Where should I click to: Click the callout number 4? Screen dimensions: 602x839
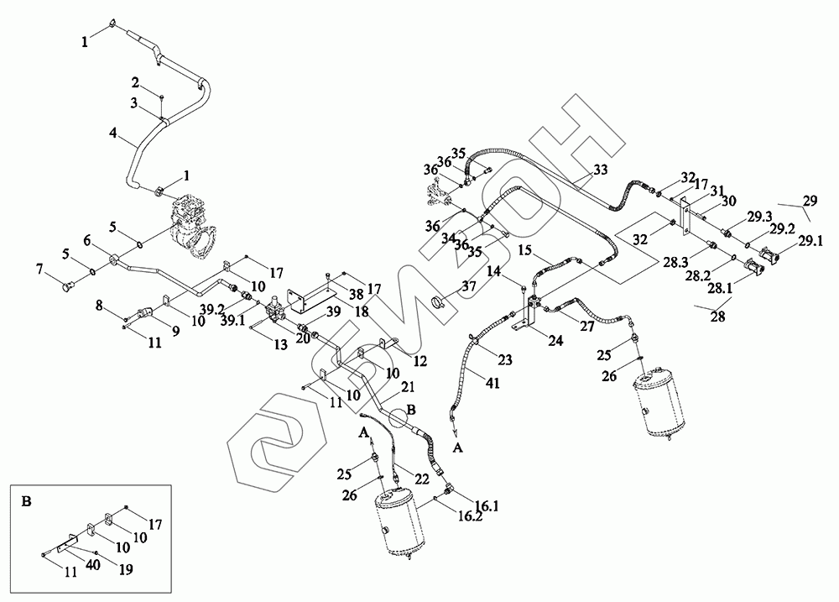pos(112,133)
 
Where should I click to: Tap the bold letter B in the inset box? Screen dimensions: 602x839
pos(26,502)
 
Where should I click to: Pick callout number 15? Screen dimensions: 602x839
pos(525,250)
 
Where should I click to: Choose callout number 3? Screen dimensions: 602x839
pos(134,102)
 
